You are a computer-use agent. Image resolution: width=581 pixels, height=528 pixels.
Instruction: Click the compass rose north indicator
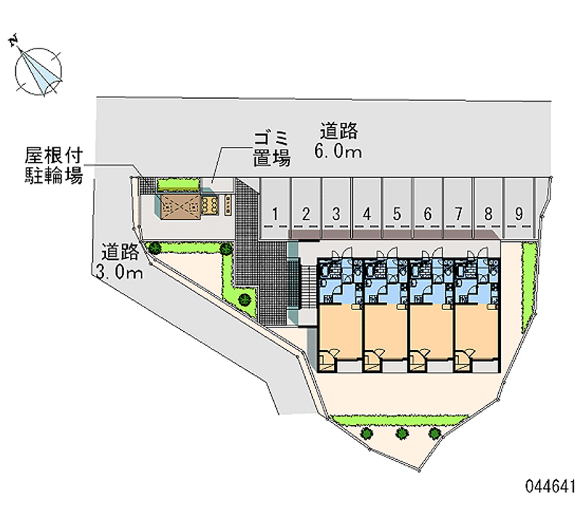37,70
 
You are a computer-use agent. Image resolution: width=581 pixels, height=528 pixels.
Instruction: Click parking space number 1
275,208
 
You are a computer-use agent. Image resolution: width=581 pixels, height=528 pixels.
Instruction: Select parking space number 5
397,208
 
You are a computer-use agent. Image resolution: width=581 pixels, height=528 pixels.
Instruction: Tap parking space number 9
519,208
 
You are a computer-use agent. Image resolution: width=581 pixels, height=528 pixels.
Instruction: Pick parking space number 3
336,208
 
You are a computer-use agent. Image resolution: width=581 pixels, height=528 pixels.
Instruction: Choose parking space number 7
458,208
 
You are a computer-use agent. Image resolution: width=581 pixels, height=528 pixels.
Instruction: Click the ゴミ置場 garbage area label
272,149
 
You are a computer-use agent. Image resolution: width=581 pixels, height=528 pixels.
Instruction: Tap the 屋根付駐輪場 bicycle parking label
54,166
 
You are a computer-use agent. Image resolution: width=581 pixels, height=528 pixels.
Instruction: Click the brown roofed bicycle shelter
181,206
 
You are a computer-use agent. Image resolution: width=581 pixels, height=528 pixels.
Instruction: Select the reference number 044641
550,487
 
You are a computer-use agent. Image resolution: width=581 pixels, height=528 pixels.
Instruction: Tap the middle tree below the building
402,433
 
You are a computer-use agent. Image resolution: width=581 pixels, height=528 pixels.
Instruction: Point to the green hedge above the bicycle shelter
178,184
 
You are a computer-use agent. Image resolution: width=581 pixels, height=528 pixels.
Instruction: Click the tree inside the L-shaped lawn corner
245,299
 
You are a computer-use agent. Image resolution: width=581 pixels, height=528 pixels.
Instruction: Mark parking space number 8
489,208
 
